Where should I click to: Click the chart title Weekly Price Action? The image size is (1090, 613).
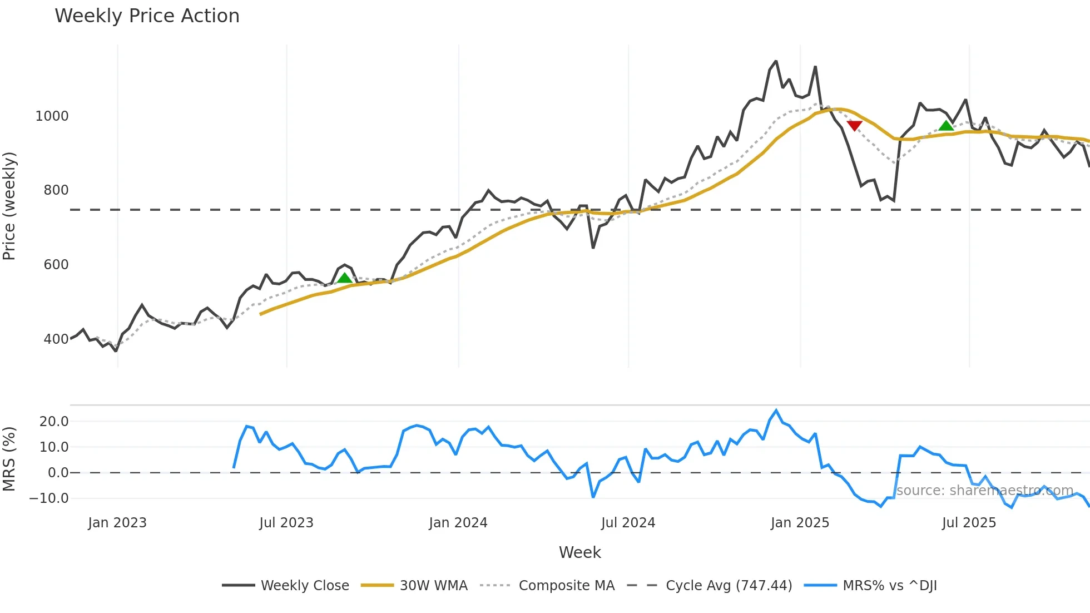pyautogui.click(x=147, y=16)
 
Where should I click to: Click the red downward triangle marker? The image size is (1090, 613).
pyautogui.click(x=854, y=126)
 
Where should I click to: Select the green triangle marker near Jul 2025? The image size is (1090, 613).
pyautogui.click(x=945, y=126)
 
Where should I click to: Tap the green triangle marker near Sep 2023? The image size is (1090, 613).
pyautogui.click(x=344, y=278)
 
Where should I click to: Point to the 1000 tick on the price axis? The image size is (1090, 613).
pyautogui.click(x=52, y=116)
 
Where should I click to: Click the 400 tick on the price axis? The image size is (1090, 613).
pyautogui.click(x=56, y=339)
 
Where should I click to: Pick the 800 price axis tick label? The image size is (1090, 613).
pyautogui.click(x=56, y=190)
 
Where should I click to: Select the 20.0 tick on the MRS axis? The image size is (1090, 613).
pyautogui.click(x=54, y=422)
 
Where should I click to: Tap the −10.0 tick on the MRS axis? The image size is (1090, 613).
pyautogui.click(x=49, y=498)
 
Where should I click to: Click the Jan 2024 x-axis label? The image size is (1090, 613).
pyautogui.click(x=458, y=523)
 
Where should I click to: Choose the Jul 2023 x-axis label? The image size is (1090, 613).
pyautogui.click(x=286, y=523)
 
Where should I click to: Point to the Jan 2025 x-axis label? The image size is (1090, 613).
pyautogui.click(x=800, y=523)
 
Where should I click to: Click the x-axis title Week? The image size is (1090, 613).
pyautogui.click(x=579, y=552)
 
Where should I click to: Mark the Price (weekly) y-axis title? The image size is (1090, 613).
pyautogui.click(x=9, y=206)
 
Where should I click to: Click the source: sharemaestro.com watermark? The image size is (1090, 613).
pyautogui.click(x=984, y=491)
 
